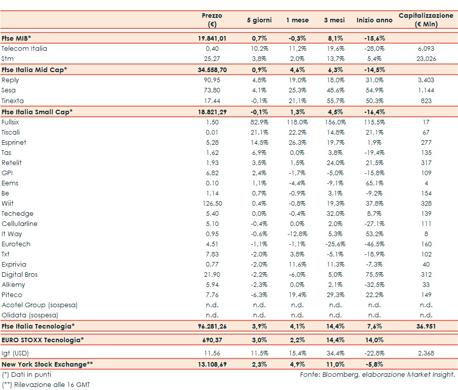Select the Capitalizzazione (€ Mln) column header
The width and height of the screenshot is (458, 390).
pos(426,20)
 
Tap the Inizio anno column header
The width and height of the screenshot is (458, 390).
pos(374,20)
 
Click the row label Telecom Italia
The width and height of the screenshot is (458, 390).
pos(24,49)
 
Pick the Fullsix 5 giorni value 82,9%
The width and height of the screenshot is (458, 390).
pos(259,122)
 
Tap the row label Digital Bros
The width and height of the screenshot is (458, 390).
pos(20,275)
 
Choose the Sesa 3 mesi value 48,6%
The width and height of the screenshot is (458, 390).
pos(335,90)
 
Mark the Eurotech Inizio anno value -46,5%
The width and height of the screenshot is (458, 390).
pos(374,244)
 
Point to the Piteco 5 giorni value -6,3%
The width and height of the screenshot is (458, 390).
pos(259,295)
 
